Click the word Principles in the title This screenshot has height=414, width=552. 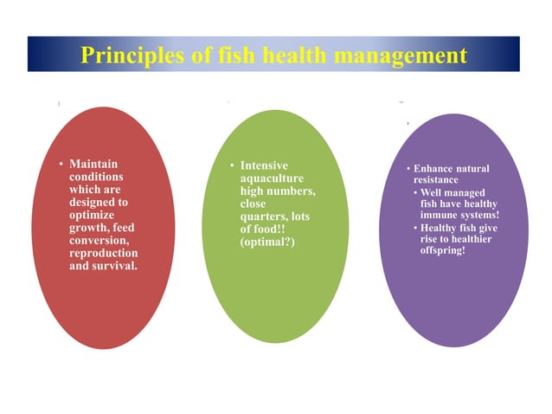click(x=131, y=55)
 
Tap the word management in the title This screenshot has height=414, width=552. click(x=399, y=55)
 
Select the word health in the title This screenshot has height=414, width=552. click(x=288, y=55)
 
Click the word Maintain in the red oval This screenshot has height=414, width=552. click(x=93, y=164)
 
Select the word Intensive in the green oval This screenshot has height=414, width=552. click(x=265, y=165)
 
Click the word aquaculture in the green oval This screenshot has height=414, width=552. click(x=272, y=178)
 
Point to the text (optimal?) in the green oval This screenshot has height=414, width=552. click(x=267, y=242)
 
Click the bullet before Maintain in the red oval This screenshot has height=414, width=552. click(x=61, y=164)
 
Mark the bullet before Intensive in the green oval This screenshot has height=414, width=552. click(x=232, y=165)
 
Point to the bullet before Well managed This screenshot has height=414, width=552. click(x=414, y=191)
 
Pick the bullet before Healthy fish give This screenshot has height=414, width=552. click(x=414, y=228)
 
